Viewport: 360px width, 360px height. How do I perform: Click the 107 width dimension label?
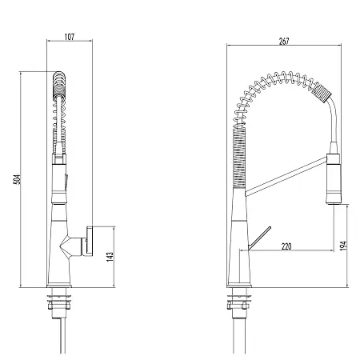coord(70,37)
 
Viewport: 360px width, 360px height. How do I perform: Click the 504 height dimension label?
coord(17,179)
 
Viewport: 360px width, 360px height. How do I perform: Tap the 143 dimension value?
coord(110,257)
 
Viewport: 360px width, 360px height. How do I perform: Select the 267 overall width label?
coord(284,42)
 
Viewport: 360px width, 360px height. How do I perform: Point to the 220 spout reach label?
coord(286,246)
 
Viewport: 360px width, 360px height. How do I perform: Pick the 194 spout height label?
coord(343,246)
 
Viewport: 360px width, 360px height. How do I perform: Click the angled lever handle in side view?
coord(259,238)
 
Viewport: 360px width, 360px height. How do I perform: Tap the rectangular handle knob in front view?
coord(90,241)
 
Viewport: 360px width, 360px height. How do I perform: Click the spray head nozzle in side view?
coord(334,179)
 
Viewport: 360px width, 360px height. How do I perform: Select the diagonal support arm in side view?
coord(286,177)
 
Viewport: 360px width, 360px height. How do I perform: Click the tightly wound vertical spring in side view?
coord(239,158)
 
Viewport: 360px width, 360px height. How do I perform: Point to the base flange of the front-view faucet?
coord(59,286)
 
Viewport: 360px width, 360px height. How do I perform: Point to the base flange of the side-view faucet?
coord(239,286)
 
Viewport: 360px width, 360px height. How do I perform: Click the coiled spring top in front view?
coord(59,86)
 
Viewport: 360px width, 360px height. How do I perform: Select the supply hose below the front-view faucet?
coord(62,335)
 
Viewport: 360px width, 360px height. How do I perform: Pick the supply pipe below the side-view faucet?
coord(239,336)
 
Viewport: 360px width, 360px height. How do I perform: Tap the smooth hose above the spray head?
coord(334,122)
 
